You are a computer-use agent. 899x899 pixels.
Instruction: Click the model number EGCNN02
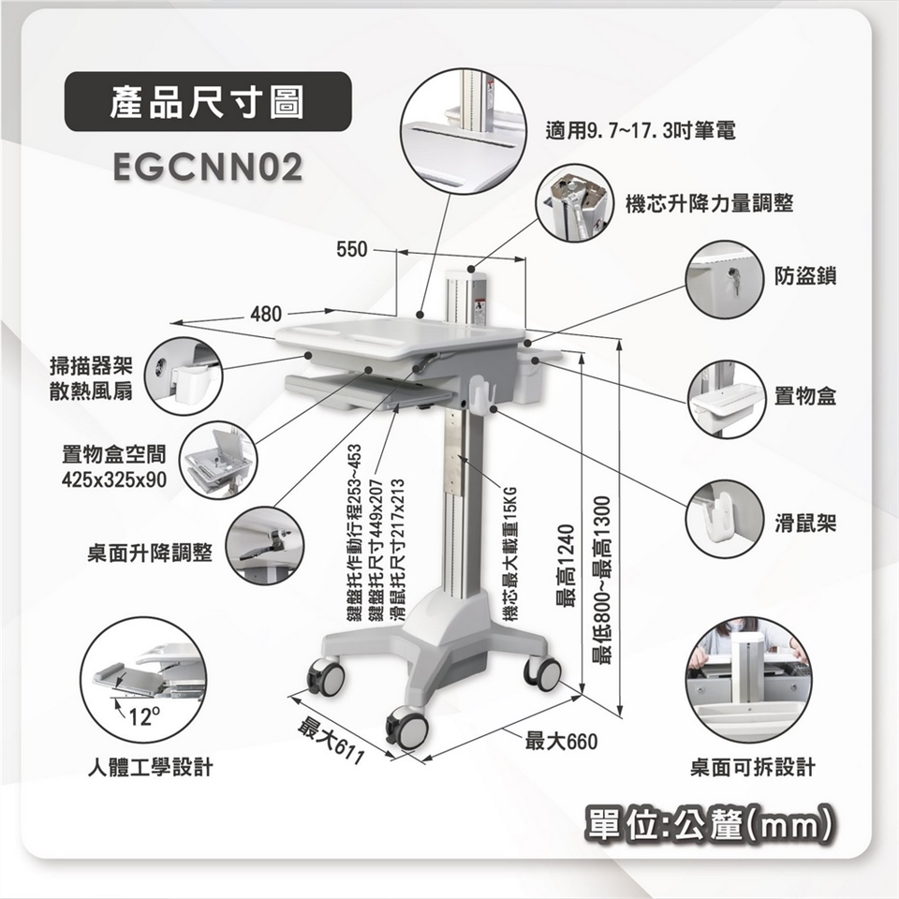[x=208, y=167]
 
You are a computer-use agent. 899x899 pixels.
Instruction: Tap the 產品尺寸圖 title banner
[x=208, y=101]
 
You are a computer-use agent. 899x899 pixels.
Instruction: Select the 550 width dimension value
[x=351, y=249]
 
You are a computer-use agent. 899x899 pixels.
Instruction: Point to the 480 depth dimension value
[x=266, y=314]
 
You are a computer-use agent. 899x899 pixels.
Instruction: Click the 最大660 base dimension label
[x=561, y=742]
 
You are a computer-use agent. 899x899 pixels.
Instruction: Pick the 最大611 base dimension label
[x=332, y=741]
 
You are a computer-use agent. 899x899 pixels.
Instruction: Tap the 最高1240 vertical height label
[x=565, y=566]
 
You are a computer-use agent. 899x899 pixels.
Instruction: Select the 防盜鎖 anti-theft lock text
[x=805, y=275]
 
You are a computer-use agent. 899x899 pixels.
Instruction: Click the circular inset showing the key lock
[x=725, y=280]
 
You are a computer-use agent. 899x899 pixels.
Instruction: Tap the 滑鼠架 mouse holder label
[x=805, y=523]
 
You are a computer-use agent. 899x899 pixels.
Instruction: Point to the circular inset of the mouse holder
[x=725, y=519]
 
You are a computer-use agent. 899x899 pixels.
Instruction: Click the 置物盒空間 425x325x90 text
[x=114, y=466]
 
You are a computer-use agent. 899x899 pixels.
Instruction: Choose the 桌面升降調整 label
[x=150, y=553]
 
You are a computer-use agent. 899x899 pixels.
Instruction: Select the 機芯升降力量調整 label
[x=709, y=203]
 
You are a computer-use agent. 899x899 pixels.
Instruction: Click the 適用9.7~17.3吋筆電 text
[x=641, y=131]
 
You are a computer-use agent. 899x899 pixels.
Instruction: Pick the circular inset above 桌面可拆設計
[x=749, y=680]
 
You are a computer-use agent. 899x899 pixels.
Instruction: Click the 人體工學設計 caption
[x=150, y=767]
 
